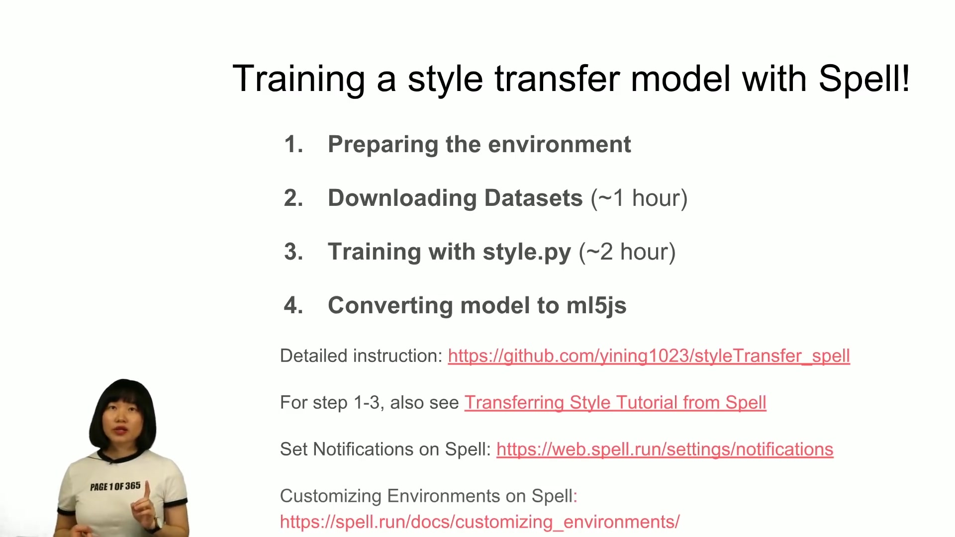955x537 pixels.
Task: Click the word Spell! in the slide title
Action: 864,79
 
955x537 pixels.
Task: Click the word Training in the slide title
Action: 299,80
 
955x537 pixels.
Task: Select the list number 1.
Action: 293,144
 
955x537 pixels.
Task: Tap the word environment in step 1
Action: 560,144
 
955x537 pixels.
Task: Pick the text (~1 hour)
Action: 639,198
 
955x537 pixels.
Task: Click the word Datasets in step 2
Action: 534,198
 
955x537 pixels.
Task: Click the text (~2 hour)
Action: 627,252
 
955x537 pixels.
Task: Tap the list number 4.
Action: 293,305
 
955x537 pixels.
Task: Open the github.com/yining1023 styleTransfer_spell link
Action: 649,356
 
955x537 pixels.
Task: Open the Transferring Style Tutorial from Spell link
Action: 615,403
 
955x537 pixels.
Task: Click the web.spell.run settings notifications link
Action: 665,449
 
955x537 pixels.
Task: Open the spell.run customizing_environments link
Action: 479,522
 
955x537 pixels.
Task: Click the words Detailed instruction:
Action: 361,356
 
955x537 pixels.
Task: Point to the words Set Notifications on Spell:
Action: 385,449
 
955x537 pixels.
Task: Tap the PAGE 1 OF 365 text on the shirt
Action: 115,486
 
